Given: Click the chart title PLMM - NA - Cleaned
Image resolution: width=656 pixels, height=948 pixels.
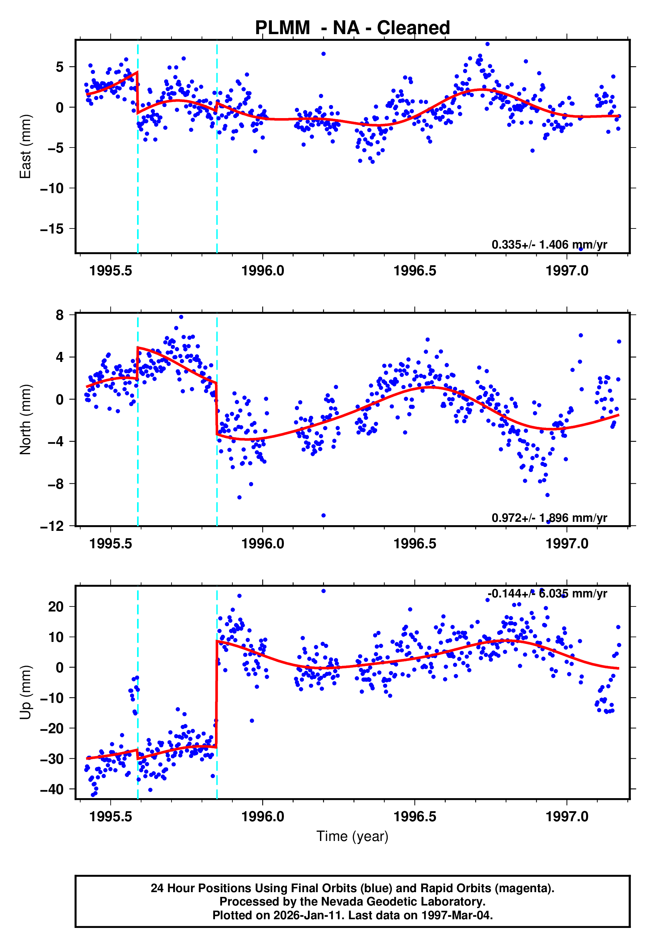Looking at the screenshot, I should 352,28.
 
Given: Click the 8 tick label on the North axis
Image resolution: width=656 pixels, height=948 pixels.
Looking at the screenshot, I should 60,315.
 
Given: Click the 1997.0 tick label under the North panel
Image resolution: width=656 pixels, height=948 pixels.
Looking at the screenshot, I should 567,544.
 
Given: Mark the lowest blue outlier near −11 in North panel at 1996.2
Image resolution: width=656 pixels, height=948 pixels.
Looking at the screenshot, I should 323,515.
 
